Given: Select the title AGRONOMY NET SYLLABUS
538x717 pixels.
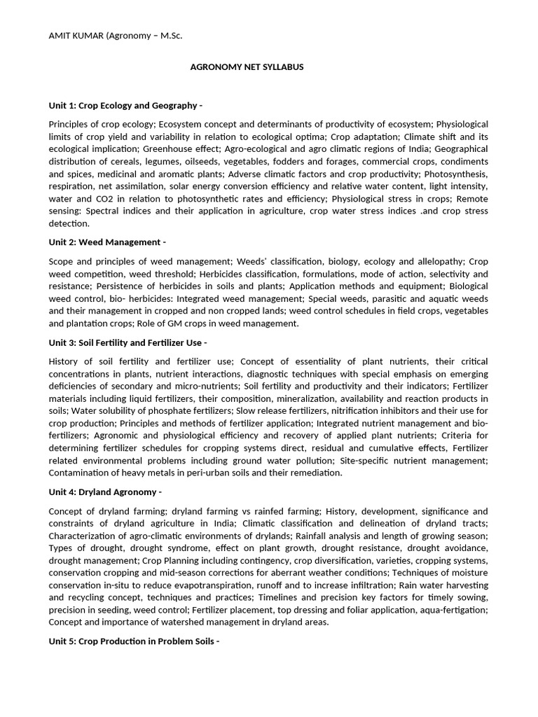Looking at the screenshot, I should click(x=247, y=67).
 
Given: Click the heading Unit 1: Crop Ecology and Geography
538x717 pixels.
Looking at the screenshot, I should click(x=125, y=106).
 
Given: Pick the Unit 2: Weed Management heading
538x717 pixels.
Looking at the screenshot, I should click(x=106, y=242).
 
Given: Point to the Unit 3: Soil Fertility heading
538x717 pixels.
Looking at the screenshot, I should click(x=127, y=342).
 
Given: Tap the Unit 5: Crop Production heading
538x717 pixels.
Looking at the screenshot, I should click(x=133, y=641).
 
